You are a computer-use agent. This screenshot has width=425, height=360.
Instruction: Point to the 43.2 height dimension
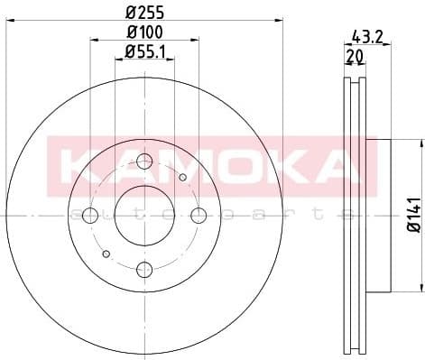(363, 38)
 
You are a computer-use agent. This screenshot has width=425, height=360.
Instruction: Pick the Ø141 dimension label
(411, 217)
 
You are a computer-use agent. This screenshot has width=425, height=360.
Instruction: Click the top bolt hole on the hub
(144, 162)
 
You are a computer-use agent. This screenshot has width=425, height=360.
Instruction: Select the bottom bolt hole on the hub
(144, 267)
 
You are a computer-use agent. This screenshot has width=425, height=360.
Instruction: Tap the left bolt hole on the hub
(91, 215)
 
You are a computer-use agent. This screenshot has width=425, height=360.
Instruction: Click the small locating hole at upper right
(183, 177)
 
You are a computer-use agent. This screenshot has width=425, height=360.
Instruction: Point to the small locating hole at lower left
(106, 254)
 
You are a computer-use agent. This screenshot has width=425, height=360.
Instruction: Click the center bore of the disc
(144, 215)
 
